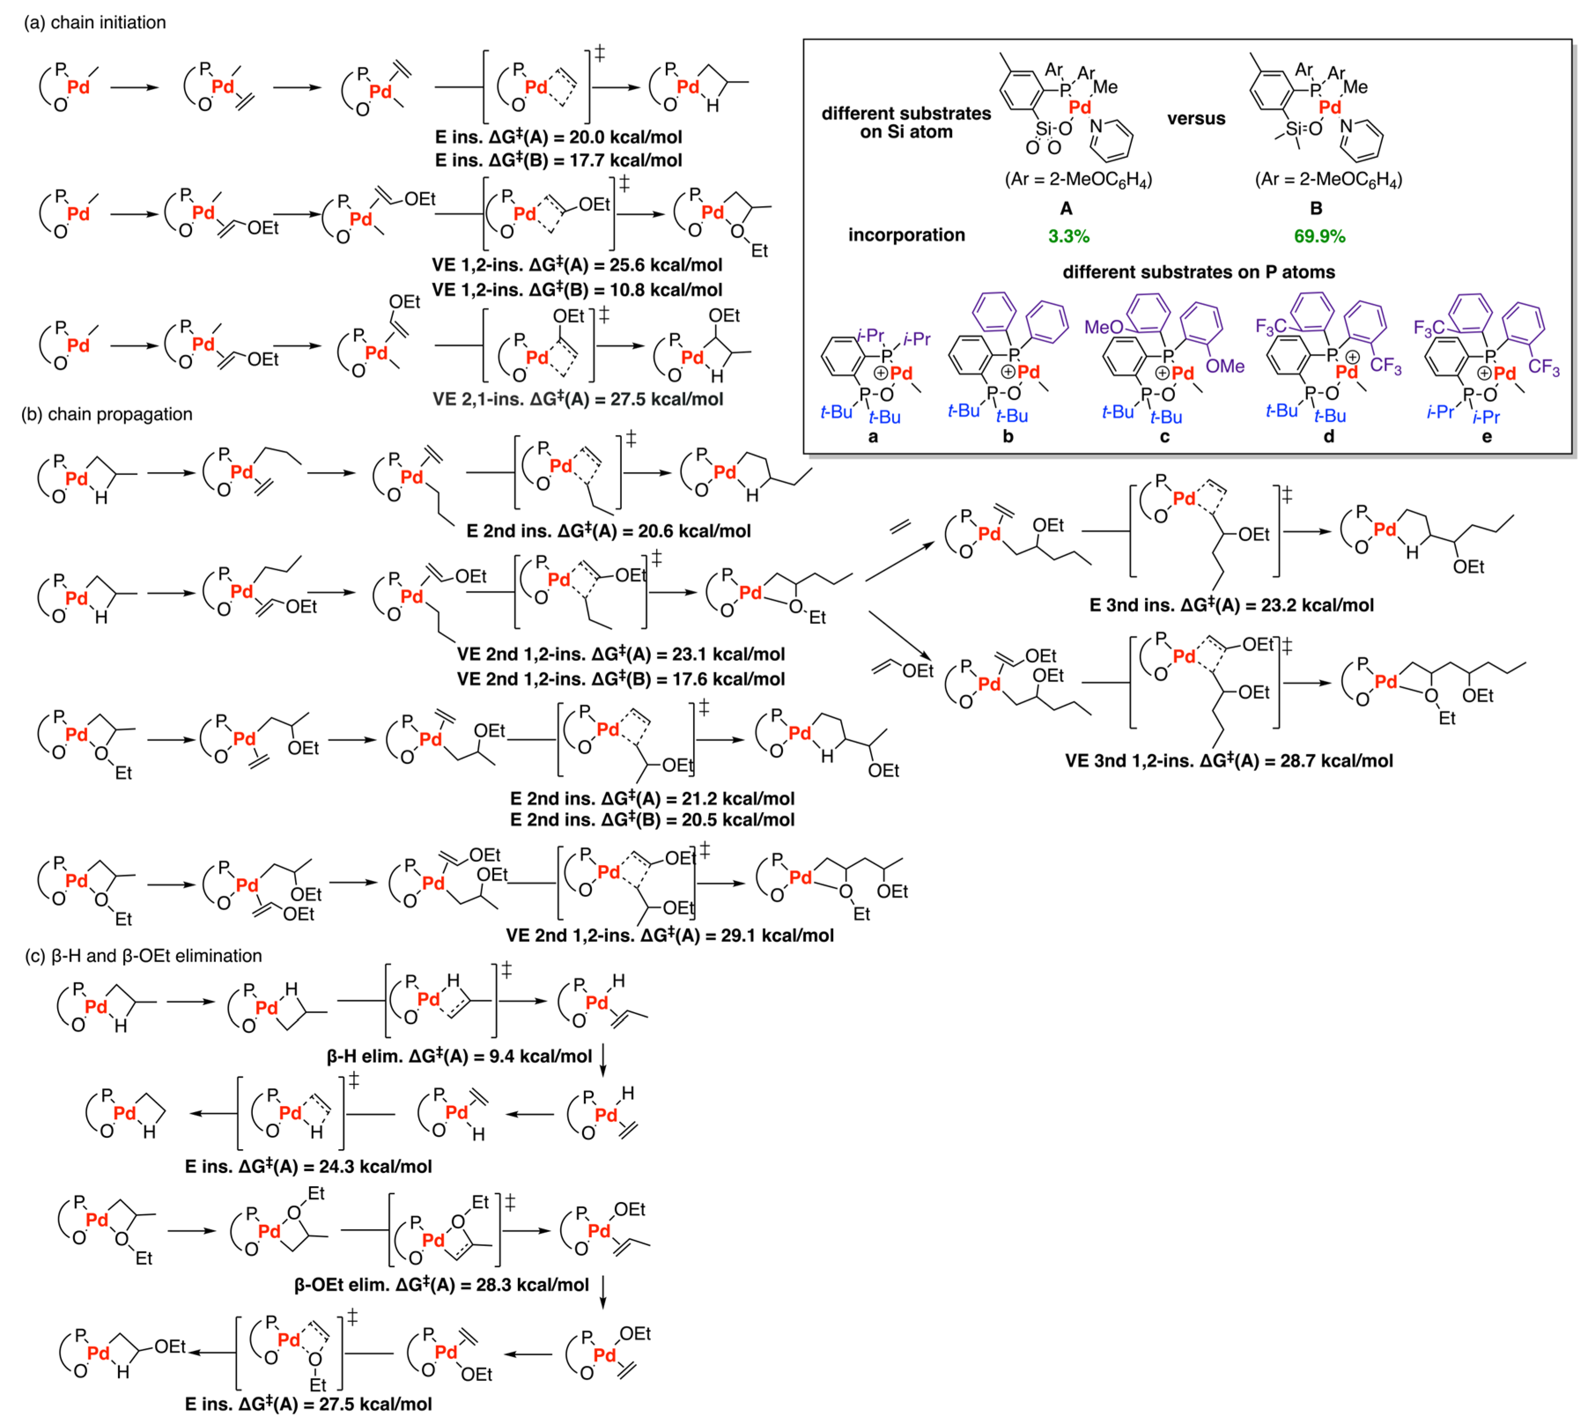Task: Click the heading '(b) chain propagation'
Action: [107, 414]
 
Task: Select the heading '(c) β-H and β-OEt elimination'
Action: [144, 956]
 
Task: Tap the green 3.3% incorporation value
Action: [1068, 236]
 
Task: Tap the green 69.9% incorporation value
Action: [1319, 236]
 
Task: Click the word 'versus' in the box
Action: [1196, 118]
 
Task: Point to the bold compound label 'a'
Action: [873, 437]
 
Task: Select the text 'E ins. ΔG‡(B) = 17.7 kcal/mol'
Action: [558, 160]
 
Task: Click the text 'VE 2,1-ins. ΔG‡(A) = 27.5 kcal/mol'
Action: [578, 399]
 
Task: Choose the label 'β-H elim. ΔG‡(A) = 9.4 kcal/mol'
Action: [459, 1056]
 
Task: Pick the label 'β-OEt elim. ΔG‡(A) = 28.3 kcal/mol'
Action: [442, 1284]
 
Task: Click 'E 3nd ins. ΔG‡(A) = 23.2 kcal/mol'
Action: [1231, 605]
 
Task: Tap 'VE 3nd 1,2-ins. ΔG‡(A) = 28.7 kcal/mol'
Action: [1229, 760]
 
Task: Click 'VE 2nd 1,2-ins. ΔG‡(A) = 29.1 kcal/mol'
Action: [670, 935]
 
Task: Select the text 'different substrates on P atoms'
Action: [1198, 272]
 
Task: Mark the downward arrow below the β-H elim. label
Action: [603, 1060]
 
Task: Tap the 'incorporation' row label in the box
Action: [907, 235]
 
